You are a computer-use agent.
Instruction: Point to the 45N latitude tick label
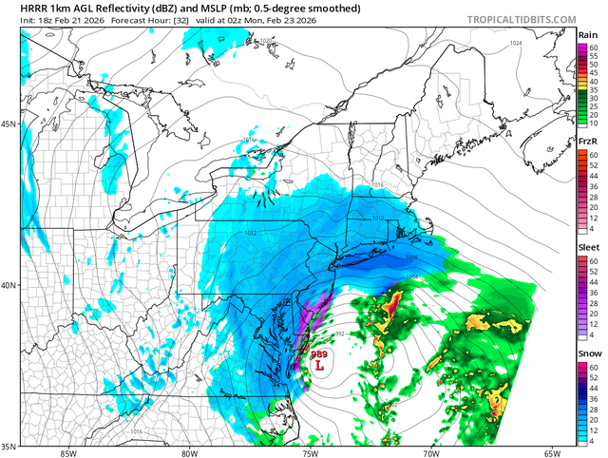click(10, 124)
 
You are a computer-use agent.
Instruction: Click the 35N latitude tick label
click(10, 445)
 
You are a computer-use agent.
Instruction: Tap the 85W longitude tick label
click(66, 452)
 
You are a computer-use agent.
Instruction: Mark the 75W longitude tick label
click(312, 452)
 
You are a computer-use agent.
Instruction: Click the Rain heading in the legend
click(588, 34)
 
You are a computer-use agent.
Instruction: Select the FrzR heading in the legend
click(588, 141)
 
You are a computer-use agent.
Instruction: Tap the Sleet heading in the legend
click(588, 247)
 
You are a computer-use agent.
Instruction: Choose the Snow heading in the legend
click(588, 353)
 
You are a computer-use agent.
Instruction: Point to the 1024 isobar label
click(516, 44)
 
